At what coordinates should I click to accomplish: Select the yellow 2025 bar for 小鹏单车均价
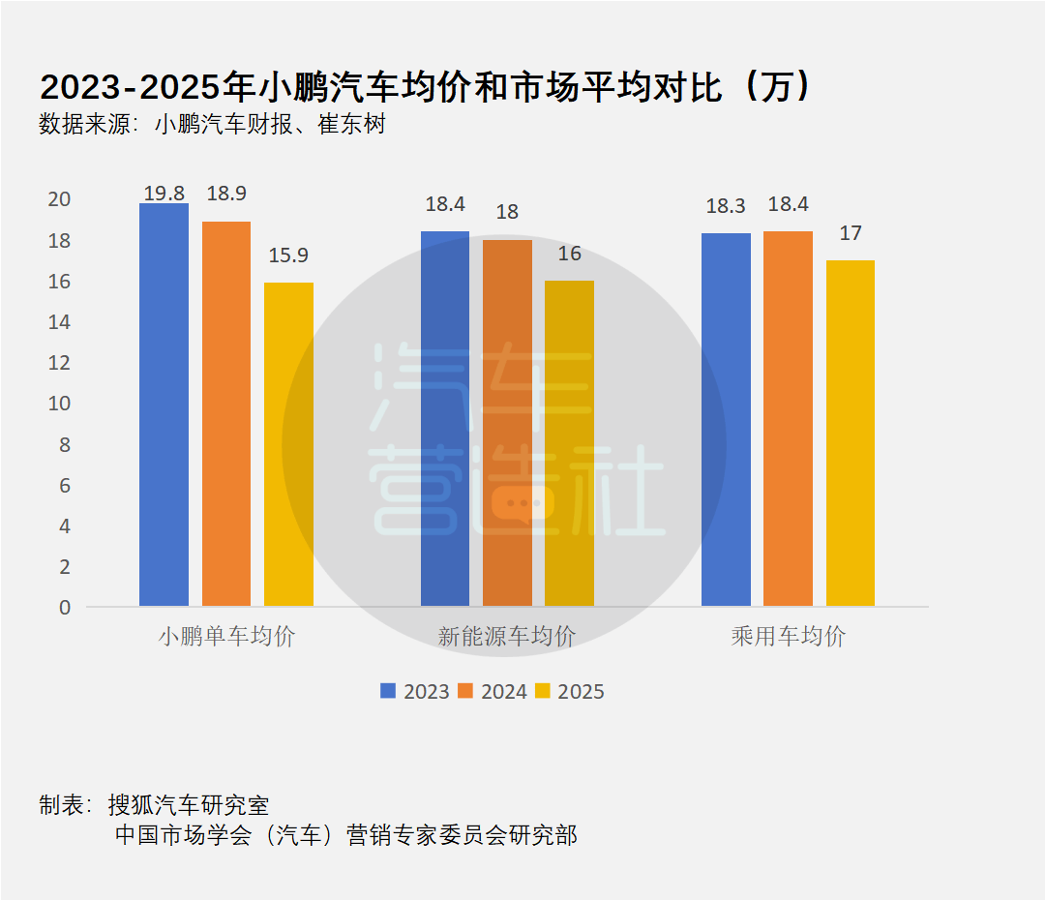point(288,444)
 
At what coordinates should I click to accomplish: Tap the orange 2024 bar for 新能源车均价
point(507,423)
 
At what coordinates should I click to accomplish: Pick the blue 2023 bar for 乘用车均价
point(726,420)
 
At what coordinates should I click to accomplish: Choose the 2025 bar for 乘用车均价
point(850,434)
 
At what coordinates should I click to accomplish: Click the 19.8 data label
point(164,194)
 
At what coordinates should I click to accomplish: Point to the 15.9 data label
point(288,256)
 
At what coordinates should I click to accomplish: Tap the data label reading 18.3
point(726,206)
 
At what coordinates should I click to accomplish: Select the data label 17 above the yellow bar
point(851,233)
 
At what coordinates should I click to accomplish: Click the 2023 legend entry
point(415,691)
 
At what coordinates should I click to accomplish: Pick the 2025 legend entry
point(570,691)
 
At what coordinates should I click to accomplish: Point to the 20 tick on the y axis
point(59,199)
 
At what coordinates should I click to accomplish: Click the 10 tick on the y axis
point(59,404)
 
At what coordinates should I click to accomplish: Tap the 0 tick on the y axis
point(65,608)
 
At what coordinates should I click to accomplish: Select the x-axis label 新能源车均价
point(506,637)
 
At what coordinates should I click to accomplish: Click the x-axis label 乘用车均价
point(788,637)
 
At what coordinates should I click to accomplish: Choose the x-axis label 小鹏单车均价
point(226,637)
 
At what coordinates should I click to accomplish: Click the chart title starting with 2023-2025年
point(426,88)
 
